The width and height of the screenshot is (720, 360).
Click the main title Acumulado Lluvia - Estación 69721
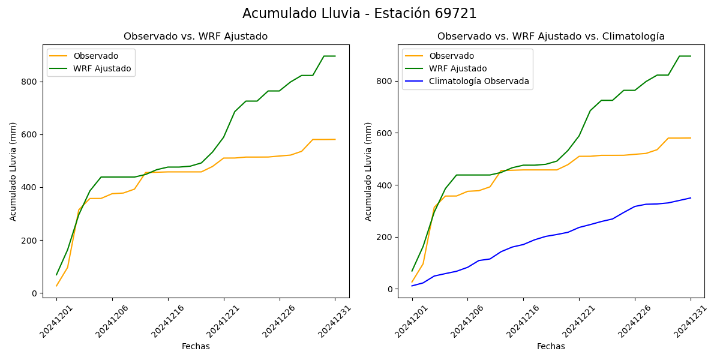pyautogui.click(x=359, y=14)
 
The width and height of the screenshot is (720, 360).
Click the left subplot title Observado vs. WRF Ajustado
pyautogui.click(x=196, y=37)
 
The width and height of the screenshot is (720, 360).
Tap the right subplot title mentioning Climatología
pyautogui.click(x=551, y=37)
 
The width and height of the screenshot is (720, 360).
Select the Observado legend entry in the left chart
pyautogui.click(x=95, y=56)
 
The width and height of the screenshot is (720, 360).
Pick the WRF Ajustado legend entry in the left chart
pyautogui.click(x=102, y=68)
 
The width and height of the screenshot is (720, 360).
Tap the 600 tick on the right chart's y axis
pyautogui.click(x=385, y=133)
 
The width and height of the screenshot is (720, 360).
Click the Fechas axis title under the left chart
pyautogui.click(x=196, y=346)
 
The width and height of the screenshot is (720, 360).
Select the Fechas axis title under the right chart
pyautogui.click(x=551, y=346)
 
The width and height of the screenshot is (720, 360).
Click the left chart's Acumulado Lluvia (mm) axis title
pyautogui.click(x=13, y=171)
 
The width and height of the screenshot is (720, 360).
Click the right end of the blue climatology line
pyautogui.click(x=691, y=197)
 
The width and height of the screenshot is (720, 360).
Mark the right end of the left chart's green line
pyautogui.click(x=335, y=56)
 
